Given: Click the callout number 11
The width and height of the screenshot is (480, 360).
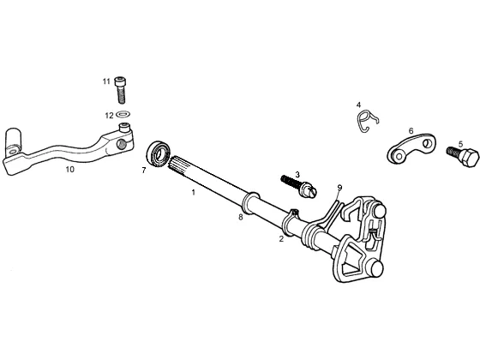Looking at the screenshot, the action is pyautogui.click(x=106, y=81).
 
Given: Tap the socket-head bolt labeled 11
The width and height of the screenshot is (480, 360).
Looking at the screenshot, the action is pyautogui.click(x=120, y=90).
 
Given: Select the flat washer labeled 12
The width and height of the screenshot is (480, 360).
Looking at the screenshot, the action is pyautogui.click(x=123, y=115).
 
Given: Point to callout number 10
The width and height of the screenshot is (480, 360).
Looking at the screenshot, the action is pyautogui.click(x=69, y=170).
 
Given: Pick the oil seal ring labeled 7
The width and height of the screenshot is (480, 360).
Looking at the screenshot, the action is pyautogui.click(x=159, y=153).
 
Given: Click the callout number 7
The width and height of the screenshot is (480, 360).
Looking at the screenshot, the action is pyautogui.click(x=144, y=171).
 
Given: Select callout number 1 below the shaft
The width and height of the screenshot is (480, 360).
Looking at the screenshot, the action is pyautogui.click(x=193, y=193).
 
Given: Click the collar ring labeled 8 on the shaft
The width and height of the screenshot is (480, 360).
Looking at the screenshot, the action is pyautogui.click(x=250, y=203).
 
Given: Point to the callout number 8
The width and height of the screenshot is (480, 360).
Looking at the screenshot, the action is pyautogui.click(x=241, y=218).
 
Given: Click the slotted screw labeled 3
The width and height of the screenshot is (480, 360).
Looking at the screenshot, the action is pyautogui.click(x=299, y=187).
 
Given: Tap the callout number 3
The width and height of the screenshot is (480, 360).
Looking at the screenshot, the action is pyautogui.click(x=297, y=175).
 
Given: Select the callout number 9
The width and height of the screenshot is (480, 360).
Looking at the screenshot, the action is pyautogui.click(x=339, y=188).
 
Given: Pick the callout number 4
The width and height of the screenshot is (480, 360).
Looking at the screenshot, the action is pyautogui.click(x=358, y=105).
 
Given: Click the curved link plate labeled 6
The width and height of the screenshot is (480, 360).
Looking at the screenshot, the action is pyautogui.click(x=411, y=148).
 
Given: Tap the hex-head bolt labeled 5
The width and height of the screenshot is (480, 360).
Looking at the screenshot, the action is pyautogui.click(x=463, y=156).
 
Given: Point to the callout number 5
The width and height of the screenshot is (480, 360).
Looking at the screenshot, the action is pyautogui.click(x=461, y=144).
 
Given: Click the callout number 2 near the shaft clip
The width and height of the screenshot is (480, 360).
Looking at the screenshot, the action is pyautogui.click(x=281, y=239).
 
